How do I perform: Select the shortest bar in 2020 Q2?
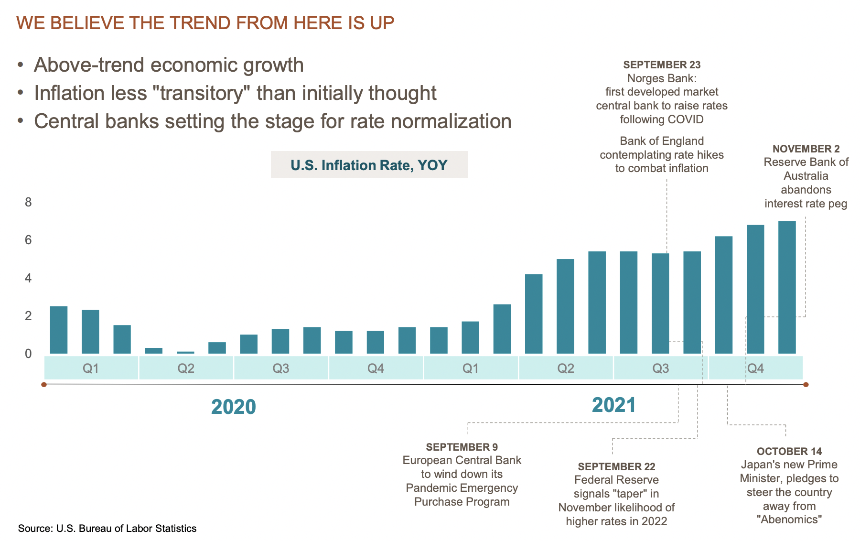coord(185,352)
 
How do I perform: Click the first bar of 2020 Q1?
coord(59,330)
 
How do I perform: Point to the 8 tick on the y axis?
coord(28,202)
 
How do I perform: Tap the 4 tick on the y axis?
coord(28,278)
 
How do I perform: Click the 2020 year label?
coord(234,407)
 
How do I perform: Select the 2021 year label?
coord(614,405)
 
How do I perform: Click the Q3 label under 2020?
coord(281,368)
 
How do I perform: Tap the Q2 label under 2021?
coord(566,368)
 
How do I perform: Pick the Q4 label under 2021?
coord(755,368)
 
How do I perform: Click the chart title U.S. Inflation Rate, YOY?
coord(369,165)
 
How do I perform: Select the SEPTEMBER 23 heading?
coord(662,65)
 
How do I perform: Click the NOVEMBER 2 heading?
coord(806,149)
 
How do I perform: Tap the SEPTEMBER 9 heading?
coord(462,447)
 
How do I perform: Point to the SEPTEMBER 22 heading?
coord(616,466)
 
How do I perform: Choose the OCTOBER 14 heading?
coord(789,451)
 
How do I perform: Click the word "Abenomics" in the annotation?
coord(789,519)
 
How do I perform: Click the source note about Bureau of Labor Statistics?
coord(107,528)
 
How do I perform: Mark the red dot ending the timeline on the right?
coord(806,384)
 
